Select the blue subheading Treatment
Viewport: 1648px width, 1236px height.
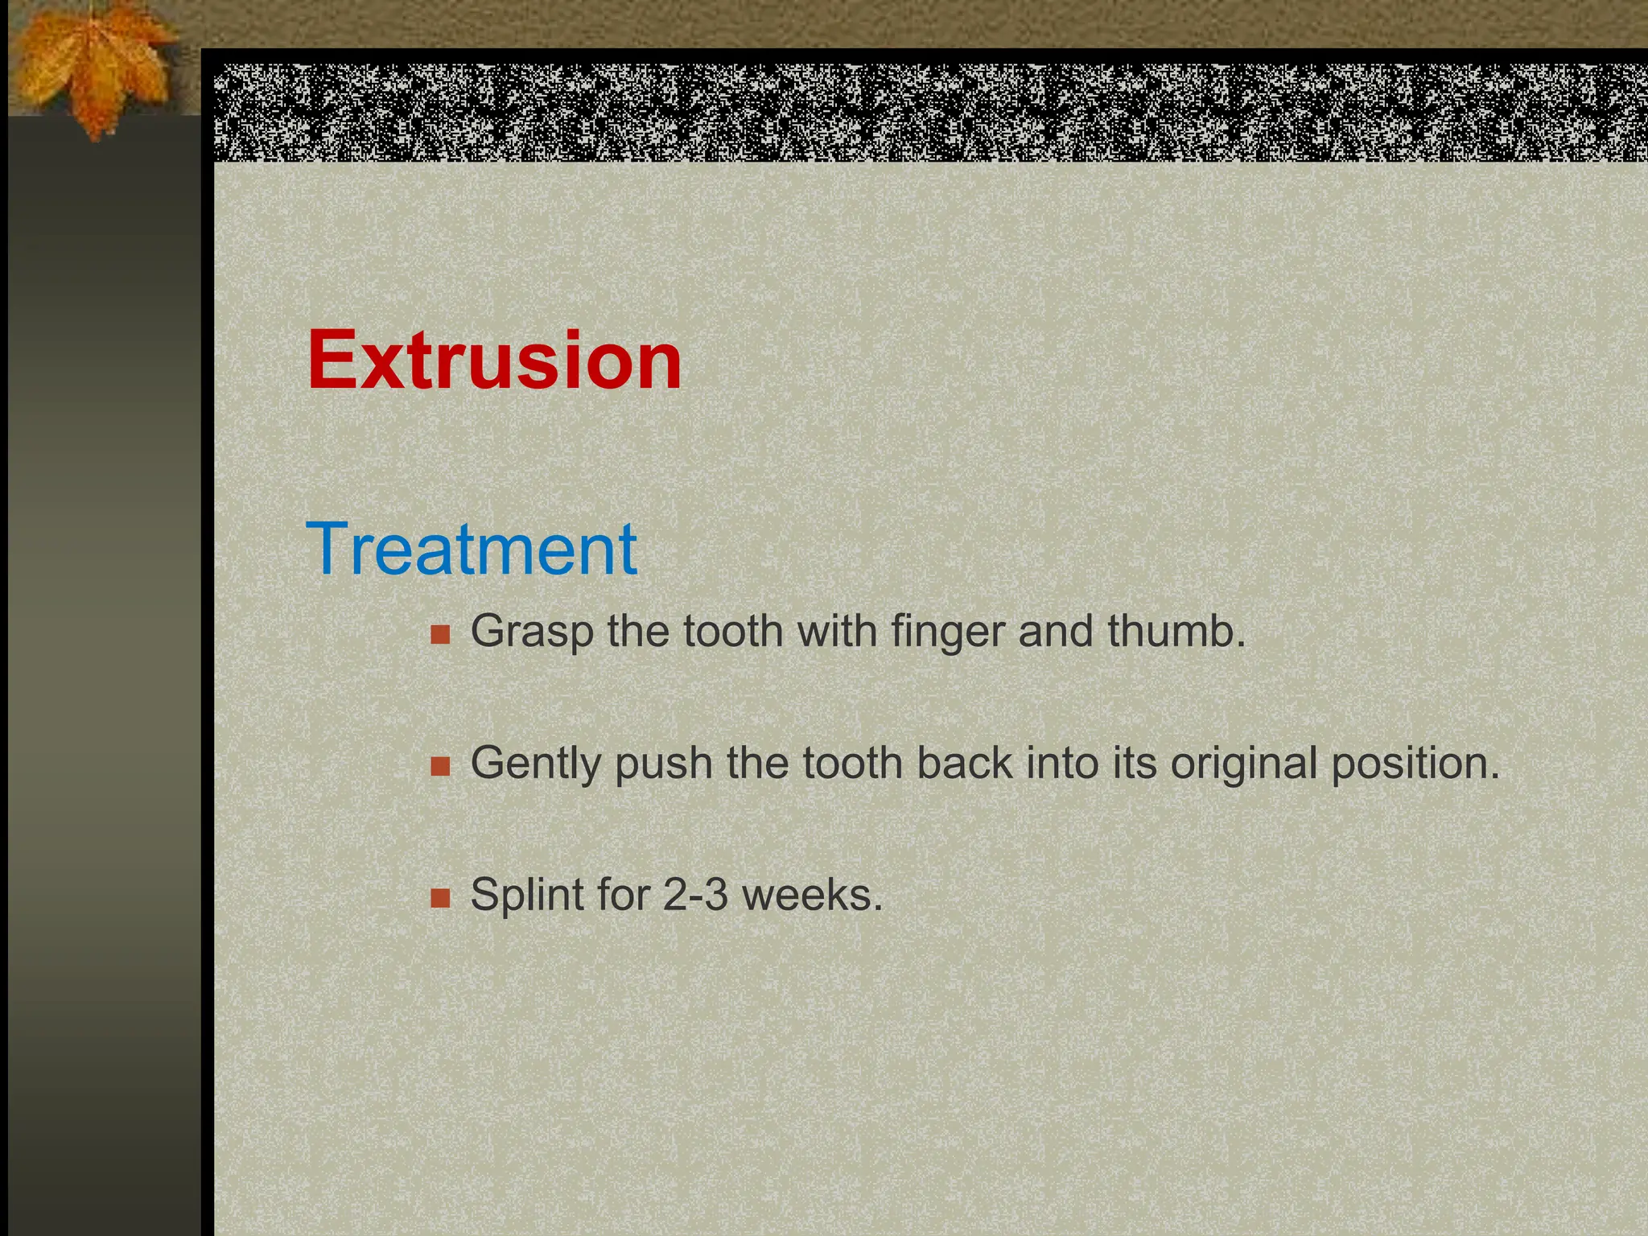click(472, 549)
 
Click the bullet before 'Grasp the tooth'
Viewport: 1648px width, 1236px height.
click(440, 634)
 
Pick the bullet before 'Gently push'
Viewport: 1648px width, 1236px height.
click(440, 766)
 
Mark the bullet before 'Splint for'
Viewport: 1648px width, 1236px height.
click(440, 897)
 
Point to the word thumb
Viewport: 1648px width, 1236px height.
click(1176, 630)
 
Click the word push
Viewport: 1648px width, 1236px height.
click(664, 764)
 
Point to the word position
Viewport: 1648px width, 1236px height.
click(1415, 764)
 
